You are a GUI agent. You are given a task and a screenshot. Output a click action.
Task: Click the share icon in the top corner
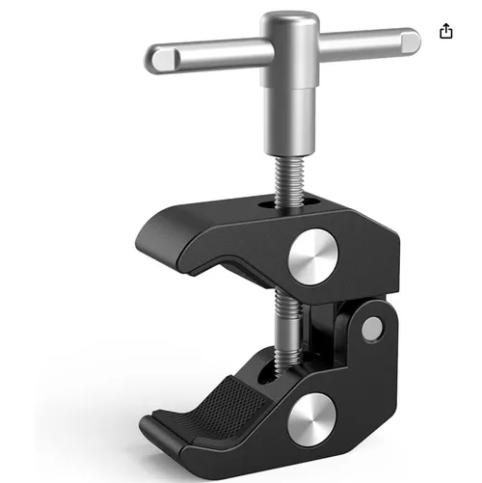pos(446,32)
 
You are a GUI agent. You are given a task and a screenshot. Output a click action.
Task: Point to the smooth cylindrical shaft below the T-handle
pos(289,116)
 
